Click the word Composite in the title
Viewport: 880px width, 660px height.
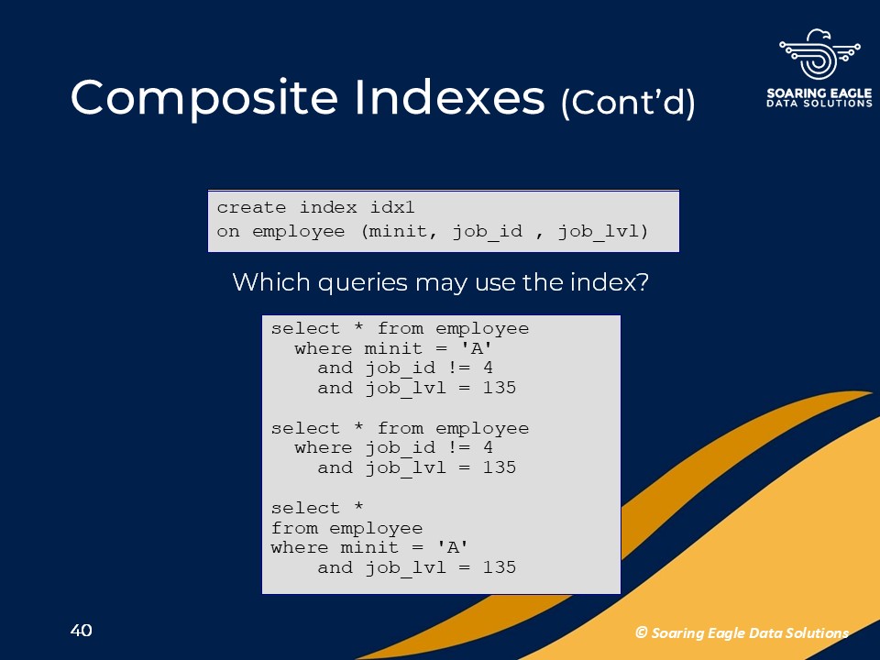pyautogui.click(x=204, y=99)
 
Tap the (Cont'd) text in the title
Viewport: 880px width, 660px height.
pyautogui.click(x=628, y=103)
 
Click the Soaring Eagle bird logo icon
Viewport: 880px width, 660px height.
pyautogui.click(x=819, y=54)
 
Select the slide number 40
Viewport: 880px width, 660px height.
pyautogui.click(x=82, y=631)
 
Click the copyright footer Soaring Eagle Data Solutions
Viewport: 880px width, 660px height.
pyautogui.click(x=742, y=633)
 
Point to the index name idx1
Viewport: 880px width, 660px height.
pyautogui.click(x=392, y=208)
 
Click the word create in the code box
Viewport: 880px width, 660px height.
pyautogui.click(x=251, y=208)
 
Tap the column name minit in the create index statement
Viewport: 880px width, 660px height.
pyautogui.click(x=399, y=231)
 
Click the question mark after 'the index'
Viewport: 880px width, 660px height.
pyautogui.click(x=643, y=281)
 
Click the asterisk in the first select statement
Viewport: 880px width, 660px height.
pyautogui.click(x=358, y=326)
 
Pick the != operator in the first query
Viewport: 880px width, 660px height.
pyautogui.click(x=459, y=368)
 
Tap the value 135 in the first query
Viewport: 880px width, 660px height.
pyautogui.click(x=500, y=388)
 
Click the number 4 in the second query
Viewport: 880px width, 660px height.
pyautogui.click(x=489, y=447)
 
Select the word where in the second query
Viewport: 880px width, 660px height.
pyautogui.click(x=324, y=448)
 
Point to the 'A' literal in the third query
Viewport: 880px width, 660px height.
pyautogui.click(x=453, y=546)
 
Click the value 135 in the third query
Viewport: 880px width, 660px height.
pyautogui.click(x=500, y=567)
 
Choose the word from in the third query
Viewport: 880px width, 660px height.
pyautogui.click(x=294, y=528)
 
